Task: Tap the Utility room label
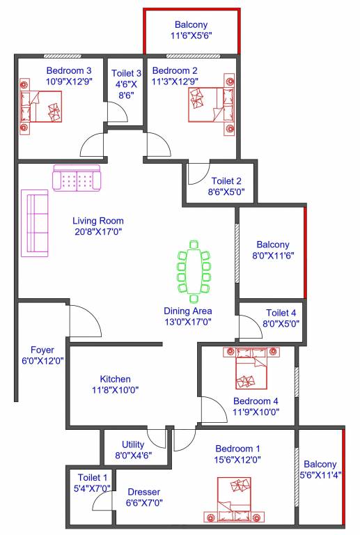coord(133,444)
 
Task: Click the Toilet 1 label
coord(93,478)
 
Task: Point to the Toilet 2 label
coord(226,180)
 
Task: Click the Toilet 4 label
coord(281,313)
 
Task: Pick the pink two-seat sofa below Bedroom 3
coord(77,178)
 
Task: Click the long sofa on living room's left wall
coord(35,223)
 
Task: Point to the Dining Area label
coord(188,311)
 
